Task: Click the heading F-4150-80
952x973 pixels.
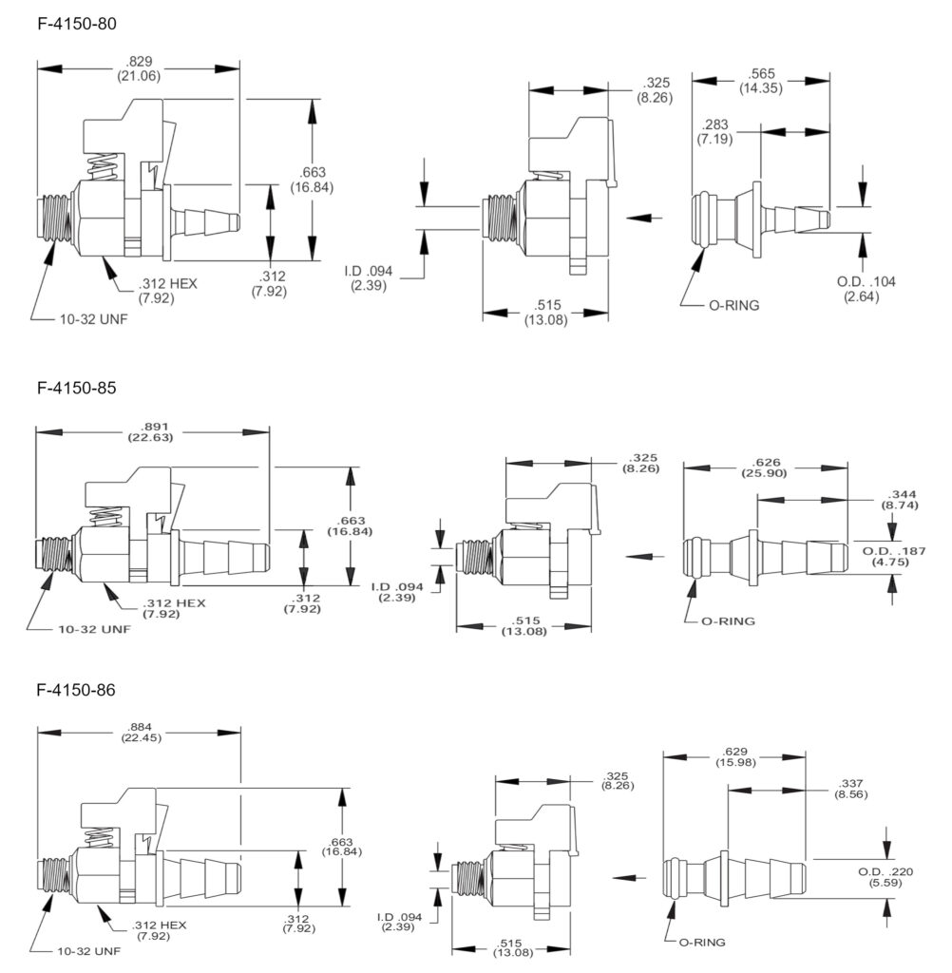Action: tap(77, 24)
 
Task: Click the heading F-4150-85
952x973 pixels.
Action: tap(77, 389)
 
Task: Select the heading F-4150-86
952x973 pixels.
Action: tap(77, 690)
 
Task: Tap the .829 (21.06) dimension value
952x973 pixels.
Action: tap(138, 68)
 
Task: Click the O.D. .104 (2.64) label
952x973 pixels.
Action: tap(865, 288)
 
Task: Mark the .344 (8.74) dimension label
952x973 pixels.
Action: tap(900, 502)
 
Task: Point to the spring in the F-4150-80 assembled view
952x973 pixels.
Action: tap(104, 172)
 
